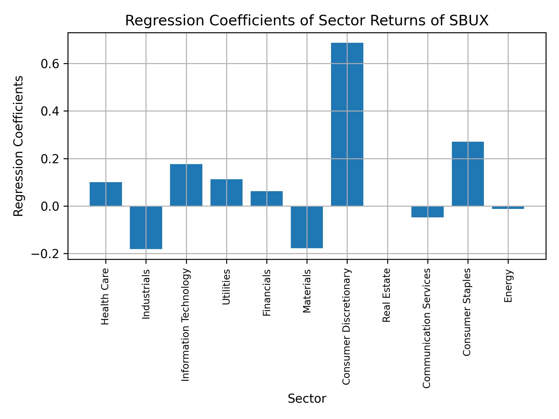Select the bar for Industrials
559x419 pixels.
click(x=146, y=228)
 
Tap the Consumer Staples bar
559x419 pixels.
click(x=468, y=174)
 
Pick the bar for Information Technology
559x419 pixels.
click(x=186, y=185)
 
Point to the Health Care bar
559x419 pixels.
click(x=106, y=194)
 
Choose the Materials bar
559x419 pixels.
click(x=307, y=227)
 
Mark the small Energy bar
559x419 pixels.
click(x=508, y=207)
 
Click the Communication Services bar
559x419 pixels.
click(x=427, y=212)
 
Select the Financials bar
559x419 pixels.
click(x=267, y=198)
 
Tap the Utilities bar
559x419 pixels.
click(x=227, y=192)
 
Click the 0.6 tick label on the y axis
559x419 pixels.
click(x=50, y=64)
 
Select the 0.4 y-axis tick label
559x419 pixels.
click(x=50, y=111)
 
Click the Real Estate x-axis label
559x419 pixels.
click(x=386, y=295)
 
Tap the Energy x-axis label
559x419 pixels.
click(x=508, y=286)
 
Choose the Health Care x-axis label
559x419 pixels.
click(x=105, y=296)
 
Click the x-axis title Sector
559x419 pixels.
click(x=307, y=399)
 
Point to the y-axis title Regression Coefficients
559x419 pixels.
click(x=19, y=146)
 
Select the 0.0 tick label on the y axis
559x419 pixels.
click(x=50, y=207)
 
